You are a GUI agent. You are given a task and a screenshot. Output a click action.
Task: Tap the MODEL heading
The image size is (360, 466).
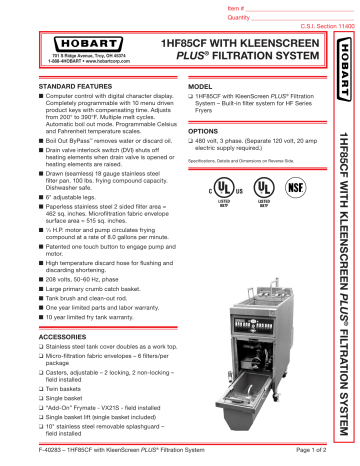coord(201,87)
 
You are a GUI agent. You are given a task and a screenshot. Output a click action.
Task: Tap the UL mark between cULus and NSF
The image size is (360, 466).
coord(265,188)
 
